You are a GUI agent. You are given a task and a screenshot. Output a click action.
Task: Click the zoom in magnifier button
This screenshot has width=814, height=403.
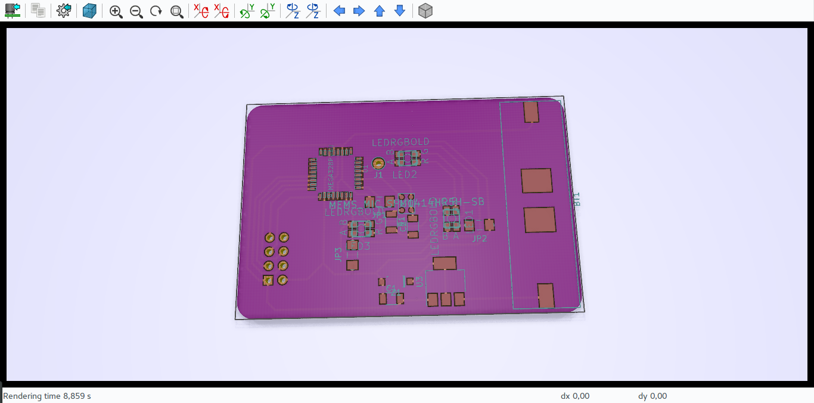tap(116, 11)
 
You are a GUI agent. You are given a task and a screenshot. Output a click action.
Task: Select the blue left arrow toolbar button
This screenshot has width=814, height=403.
tap(339, 11)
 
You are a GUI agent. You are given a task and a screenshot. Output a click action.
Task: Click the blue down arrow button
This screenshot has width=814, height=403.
tap(400, 11)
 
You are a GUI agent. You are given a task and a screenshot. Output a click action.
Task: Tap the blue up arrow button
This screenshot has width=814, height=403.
tap(380, 11)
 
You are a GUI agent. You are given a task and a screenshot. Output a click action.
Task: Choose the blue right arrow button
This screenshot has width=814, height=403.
tap(359, 11)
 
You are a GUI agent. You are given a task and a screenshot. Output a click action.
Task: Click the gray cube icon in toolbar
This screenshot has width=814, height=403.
tap(425, 11)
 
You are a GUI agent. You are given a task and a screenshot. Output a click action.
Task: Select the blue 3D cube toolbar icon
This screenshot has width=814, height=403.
tap(89, 11)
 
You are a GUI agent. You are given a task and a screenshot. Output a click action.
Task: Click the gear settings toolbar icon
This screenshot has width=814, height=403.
tap(64, 11)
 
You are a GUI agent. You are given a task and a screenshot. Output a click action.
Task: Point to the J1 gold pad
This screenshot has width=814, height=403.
tap(378, 163)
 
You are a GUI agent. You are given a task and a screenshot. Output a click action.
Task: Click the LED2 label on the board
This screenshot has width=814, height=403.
tap(404, 175)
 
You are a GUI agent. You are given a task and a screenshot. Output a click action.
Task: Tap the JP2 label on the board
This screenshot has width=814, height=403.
tap(479, 239)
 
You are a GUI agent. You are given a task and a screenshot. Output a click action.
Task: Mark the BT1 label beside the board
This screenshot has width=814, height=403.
tap(577, 200)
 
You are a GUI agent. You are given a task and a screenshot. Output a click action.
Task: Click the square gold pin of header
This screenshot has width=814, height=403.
tap(269, 280)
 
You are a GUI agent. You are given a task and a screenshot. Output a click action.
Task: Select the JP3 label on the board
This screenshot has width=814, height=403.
tap(338, 255)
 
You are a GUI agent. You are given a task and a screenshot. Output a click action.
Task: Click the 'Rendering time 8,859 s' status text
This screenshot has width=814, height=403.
tap(47, 396)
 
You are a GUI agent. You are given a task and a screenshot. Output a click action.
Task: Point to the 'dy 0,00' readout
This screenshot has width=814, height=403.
tap(653, 396)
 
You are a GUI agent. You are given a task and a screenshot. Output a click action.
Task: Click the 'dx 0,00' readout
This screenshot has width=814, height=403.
tap(575, 396)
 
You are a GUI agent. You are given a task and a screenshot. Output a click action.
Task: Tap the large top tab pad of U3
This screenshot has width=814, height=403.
tap(444, 263)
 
